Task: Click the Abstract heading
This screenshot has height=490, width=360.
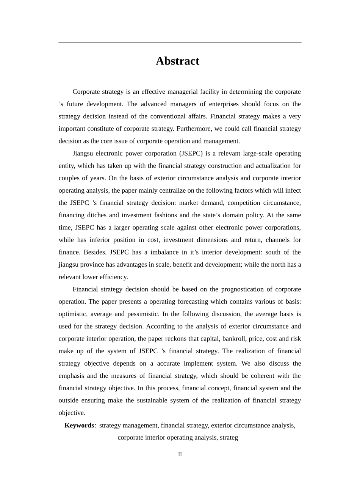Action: tap(177, 61)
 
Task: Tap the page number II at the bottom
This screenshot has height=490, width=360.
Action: tap(180, 454)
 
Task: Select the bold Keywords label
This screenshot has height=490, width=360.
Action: tap(80, 425)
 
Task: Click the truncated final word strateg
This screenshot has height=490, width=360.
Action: tap(229, 437)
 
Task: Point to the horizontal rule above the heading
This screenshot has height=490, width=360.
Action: tap(180, 42)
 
